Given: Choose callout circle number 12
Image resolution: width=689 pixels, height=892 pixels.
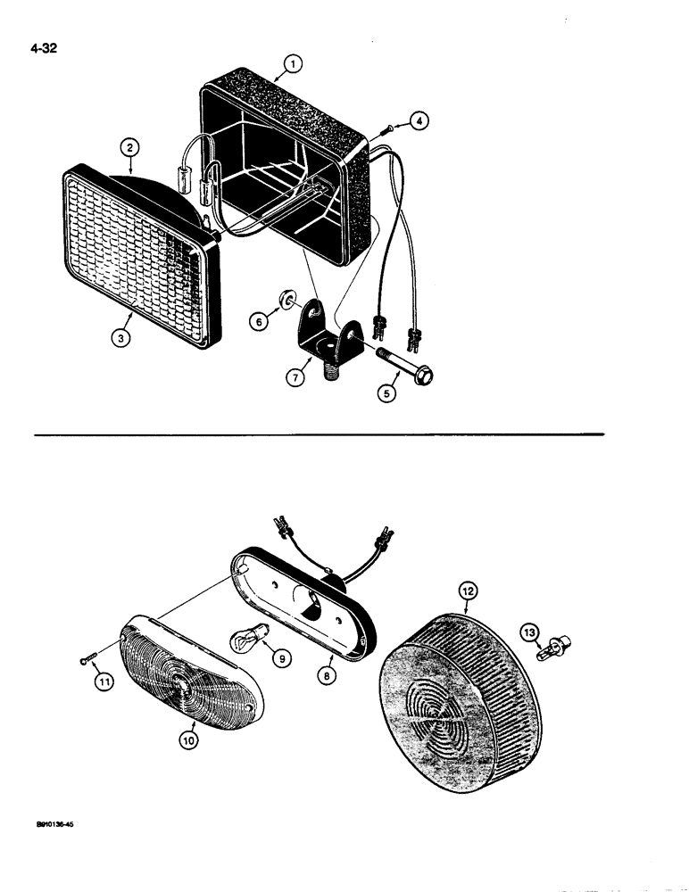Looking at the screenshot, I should [x=468, y=590].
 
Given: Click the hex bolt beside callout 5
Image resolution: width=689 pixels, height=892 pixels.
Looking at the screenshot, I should [x=411, y=367].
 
